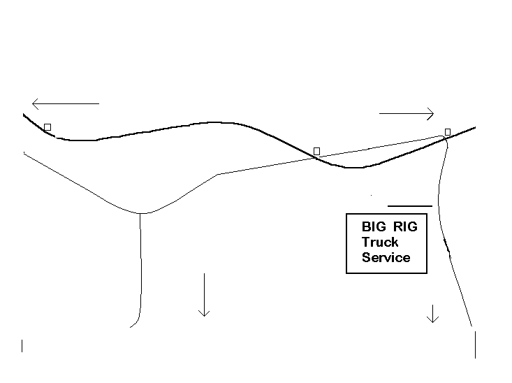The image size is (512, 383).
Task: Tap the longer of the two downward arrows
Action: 204,295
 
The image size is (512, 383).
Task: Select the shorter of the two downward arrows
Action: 432,314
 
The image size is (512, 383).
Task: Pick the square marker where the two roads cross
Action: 316,151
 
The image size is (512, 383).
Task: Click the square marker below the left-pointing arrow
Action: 47,127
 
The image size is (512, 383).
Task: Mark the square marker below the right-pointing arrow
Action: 448,132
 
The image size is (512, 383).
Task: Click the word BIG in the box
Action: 374,226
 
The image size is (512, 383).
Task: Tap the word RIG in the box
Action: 405,226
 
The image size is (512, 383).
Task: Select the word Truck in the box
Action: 380,242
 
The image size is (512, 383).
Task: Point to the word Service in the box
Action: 386,257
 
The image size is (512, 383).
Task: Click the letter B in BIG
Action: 366,226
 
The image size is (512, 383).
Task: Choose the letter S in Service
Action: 366,257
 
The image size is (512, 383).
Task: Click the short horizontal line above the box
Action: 410,206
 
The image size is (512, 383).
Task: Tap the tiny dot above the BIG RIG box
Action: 372,195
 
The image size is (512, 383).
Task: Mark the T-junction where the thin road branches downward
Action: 140,213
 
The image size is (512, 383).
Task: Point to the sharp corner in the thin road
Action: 218,174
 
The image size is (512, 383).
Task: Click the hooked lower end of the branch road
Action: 131,327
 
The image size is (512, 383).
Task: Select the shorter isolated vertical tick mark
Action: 22,346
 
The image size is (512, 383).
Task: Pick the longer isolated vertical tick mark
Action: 475,345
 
